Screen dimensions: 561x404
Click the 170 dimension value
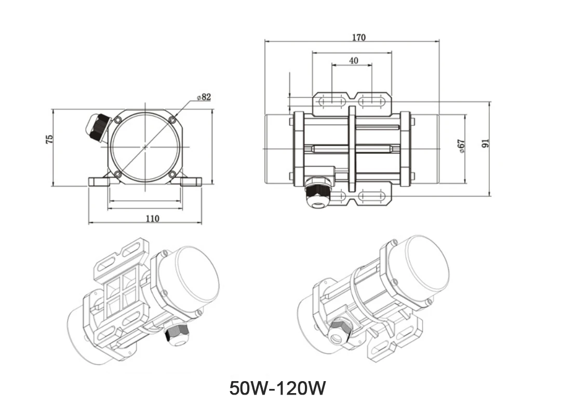359,37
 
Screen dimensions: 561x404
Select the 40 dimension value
354,60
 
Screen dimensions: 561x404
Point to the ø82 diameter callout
204,97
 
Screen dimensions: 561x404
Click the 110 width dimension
152,218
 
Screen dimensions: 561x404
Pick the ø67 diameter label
462,146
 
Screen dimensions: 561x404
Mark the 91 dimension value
485,144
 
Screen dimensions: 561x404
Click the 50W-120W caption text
277,388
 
